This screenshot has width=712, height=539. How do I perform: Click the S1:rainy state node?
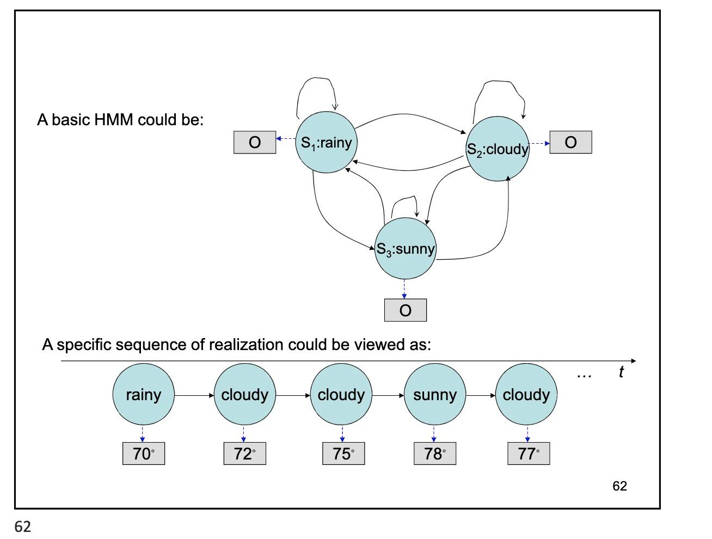(x=327, y=143)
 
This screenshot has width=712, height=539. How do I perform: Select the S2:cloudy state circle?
(x=498, y=149)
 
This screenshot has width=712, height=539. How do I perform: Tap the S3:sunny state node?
(x=406, y=249)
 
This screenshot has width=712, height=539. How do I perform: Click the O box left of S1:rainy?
(x=255, y=143)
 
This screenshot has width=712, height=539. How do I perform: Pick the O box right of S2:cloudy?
(x=570, y=143)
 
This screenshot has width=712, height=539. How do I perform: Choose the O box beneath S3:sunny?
(x=406, y=310)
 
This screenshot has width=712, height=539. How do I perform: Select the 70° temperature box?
(x=144, y=454)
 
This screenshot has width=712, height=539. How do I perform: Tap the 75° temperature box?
(x=343, y=454)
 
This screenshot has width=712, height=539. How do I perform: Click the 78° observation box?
(x=435, y=454)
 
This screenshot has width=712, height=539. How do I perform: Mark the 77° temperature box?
(x=529, y=454)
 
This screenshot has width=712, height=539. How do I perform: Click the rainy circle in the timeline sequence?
(x=144, y=395)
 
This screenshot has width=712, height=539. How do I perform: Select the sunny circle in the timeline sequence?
(x=435, y=395)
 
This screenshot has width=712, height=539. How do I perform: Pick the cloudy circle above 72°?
(x=244, y=395)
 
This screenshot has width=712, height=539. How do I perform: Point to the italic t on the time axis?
(x=621, y=372)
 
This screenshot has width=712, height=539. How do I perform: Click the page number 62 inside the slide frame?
(x=619, y=486)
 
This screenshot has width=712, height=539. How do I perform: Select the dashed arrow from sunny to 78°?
(x=434, y=434)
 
